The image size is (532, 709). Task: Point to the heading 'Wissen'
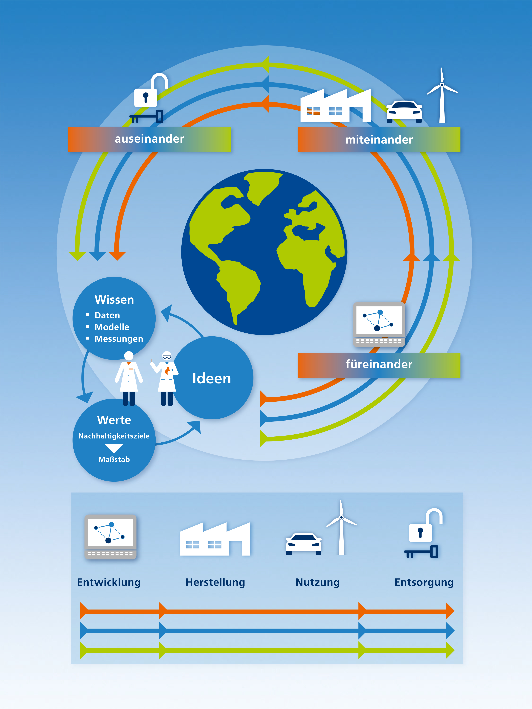coord(114,300)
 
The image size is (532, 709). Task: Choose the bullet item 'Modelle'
coord(112,327)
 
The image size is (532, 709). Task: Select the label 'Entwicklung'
coord(109,582)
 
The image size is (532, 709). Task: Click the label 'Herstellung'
coord(215,582)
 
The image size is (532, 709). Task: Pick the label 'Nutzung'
coord(317,582)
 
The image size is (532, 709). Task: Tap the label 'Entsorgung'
coord(424,582)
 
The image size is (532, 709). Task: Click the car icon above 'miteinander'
coord(404,112)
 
